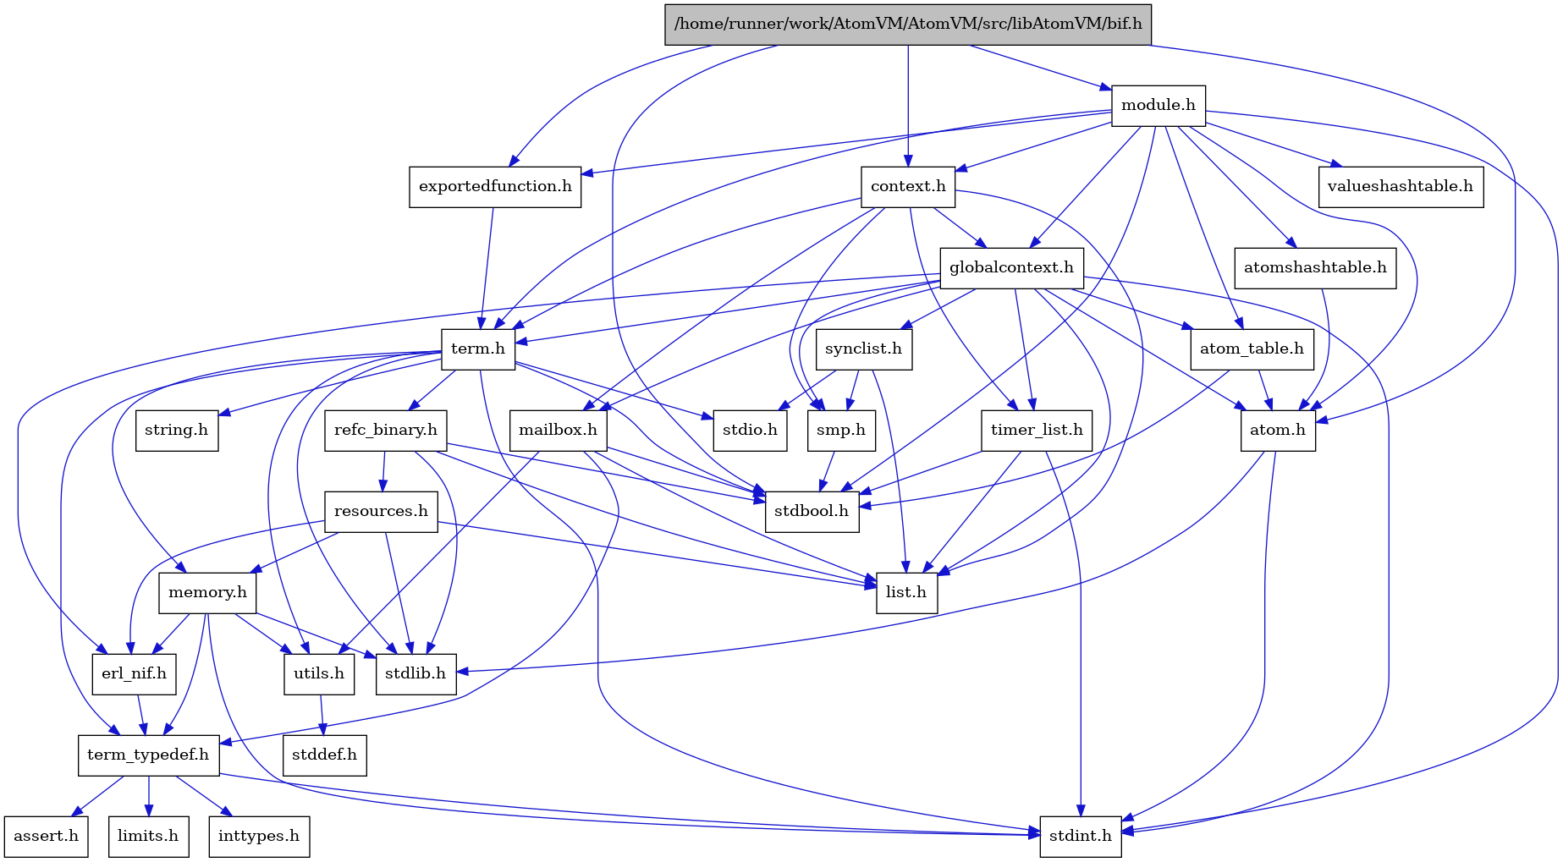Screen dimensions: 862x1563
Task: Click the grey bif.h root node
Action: (x=908, y=24)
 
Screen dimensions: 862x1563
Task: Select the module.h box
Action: (x=1158, y=105)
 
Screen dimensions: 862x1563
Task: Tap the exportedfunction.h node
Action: (x=495, y=186)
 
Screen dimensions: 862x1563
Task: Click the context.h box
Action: (x=908, y=186)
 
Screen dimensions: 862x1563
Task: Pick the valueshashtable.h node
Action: (x=1400, y=186)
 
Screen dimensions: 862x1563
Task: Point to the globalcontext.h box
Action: (x=1011, y=267)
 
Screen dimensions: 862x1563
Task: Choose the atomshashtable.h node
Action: (x=1315, y=267)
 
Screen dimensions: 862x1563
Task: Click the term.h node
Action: (x=478, y=349)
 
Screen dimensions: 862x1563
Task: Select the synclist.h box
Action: (x=863, y=349)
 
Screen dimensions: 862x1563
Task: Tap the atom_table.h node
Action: (x=1252, y=349)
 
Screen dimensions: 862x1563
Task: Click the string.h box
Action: (x=177, y=430)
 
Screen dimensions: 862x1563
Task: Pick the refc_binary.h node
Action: (x=385, y=430)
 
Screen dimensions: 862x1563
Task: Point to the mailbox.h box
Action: (x=558, y=430)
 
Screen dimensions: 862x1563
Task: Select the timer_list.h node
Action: (x=1037, y=430)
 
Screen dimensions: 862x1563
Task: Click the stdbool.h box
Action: (x=812, y=511)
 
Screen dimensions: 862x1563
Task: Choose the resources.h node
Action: (x=381, y=511)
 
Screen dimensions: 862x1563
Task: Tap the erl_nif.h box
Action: (x=134, y=673)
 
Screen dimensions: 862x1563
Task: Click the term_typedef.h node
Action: (x=148, y=755)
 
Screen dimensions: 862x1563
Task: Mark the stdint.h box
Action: (x=1081, y=836)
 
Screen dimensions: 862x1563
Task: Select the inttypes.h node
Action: (x=258, y=836)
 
